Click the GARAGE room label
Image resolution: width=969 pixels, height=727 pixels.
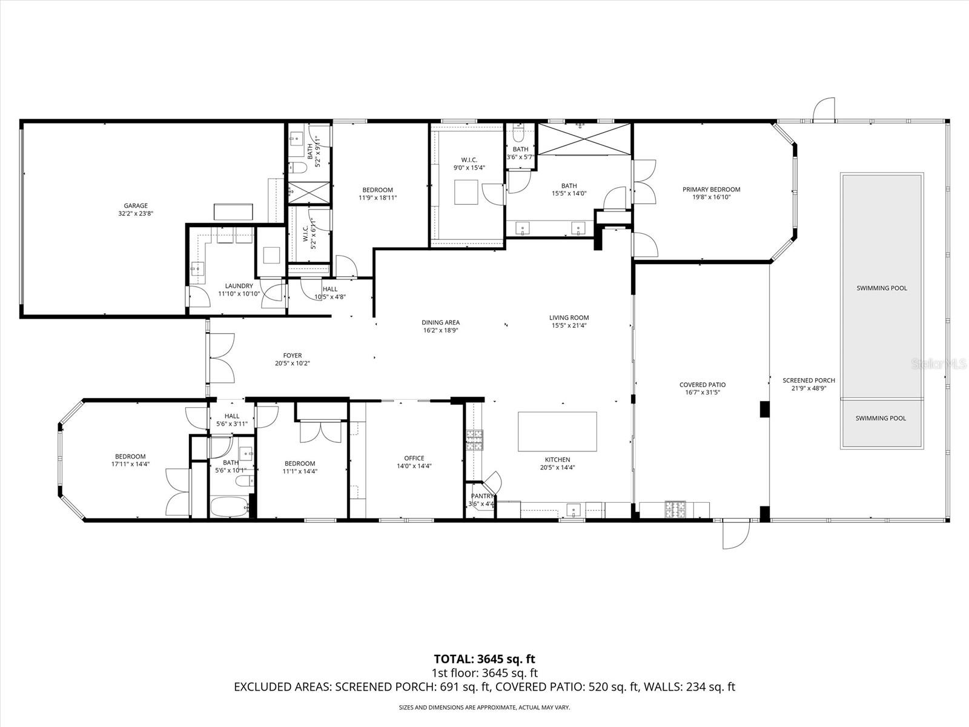click(133, 206)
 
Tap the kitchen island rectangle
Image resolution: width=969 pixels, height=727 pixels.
click(557, 431)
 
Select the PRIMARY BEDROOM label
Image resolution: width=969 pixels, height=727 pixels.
click(711, 190)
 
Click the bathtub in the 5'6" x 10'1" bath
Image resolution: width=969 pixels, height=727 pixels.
click(229, 506)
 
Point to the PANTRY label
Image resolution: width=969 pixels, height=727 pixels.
click(482, 496)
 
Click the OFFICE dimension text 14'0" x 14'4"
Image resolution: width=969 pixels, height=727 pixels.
click(414, 466)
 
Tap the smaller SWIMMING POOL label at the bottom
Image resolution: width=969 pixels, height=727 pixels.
click(881, 418)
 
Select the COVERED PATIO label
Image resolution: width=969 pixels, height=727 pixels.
click(702, 385)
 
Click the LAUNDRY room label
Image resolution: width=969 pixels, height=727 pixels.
click(239, 286)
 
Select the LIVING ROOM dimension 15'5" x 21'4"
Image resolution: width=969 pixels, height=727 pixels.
click(569, 325)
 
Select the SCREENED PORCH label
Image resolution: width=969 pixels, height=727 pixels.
click(809, 380)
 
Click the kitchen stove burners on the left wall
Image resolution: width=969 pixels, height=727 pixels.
click(474, 439)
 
